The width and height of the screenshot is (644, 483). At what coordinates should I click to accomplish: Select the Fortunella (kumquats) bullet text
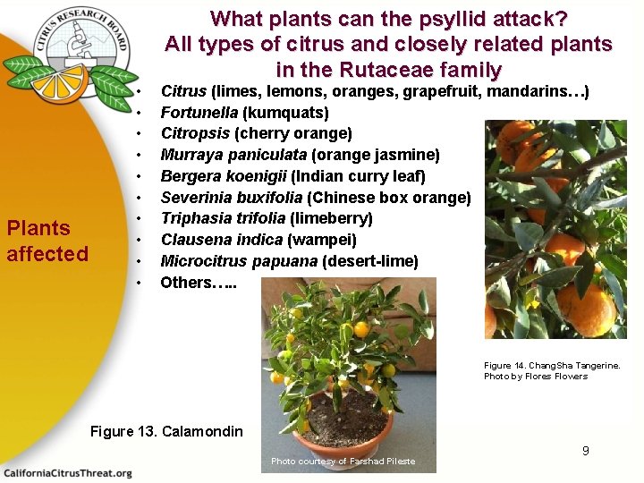tap(244, 113)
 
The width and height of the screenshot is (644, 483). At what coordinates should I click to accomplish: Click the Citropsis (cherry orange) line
tap(256, 134)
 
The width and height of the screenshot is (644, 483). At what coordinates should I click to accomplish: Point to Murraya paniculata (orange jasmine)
tap(300, 155)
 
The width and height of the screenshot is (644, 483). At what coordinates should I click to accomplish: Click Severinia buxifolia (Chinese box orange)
tap(315, 197)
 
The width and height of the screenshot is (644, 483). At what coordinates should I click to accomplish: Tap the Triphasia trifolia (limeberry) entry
tap(267, 218)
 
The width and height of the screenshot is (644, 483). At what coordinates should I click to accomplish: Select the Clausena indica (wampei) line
tap(258, 240)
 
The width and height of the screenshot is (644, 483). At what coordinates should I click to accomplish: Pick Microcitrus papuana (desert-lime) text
tap(289, 261)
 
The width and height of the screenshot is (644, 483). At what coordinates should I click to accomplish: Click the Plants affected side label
tap(47, 241)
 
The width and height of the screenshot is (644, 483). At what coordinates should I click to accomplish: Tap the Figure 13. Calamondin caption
tap(166, 432)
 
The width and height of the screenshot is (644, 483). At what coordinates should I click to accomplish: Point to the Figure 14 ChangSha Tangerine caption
tap(551, 370)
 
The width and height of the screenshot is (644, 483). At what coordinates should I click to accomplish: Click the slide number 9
tap(585, 451)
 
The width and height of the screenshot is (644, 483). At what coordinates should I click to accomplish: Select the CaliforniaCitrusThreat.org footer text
tap(67, 472)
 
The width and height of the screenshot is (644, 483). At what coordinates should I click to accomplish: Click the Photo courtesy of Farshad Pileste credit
tap(343, 462)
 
